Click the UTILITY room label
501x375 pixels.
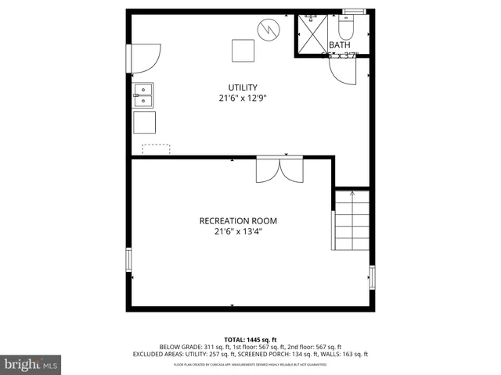click(x=243, y=87)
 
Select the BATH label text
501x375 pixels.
click(x=339, y=45)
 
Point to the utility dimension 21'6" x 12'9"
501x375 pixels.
click(x=243, y=98)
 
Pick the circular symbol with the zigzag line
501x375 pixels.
click(x=269, y=30)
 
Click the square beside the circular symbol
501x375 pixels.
click(x=243, y=50)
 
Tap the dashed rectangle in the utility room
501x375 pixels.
click(x=156, y=148)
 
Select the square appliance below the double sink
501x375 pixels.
click(x=144, y=123)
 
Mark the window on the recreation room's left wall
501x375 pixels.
click(x=129, y=259)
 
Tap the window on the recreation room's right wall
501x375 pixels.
click(x=373, y=277)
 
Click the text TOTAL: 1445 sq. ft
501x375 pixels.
click(x=250, y=339)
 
